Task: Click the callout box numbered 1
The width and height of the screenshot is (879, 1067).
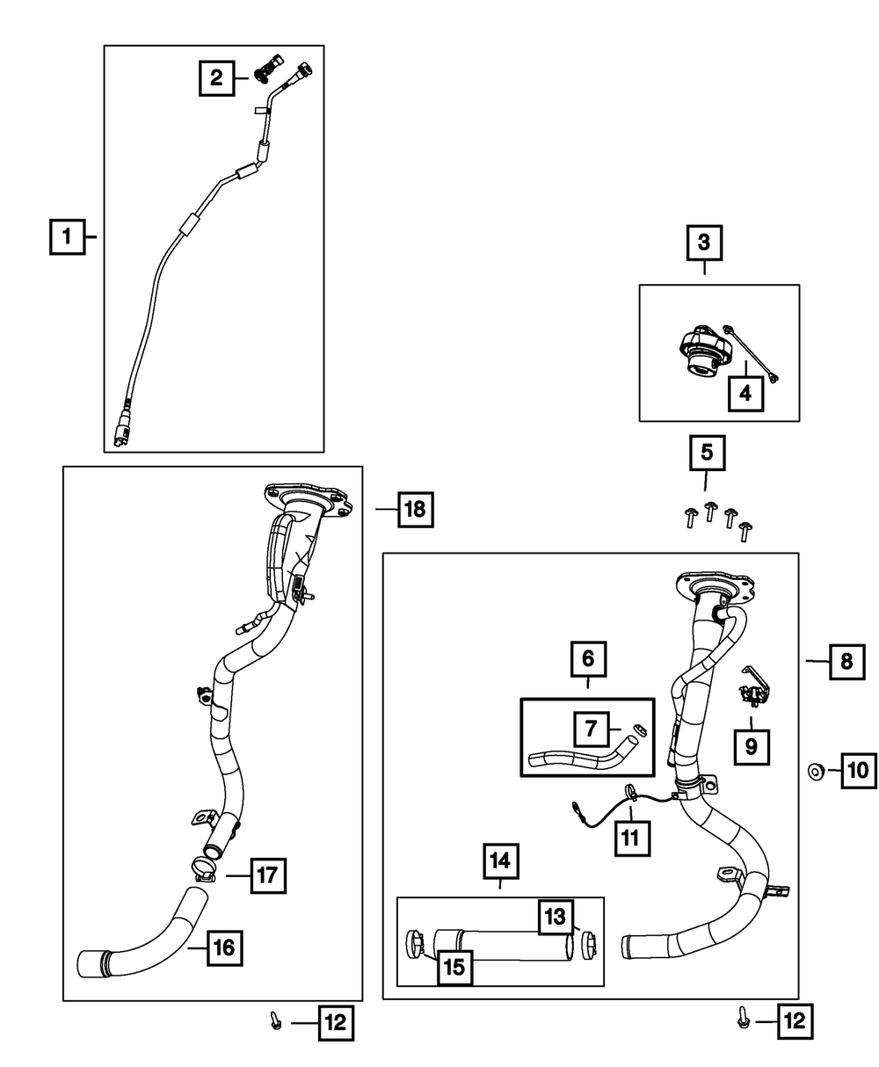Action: click(67, 237)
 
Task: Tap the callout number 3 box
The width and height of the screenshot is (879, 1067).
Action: click(704, 243)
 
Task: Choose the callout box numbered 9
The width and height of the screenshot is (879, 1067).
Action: click(751, 746)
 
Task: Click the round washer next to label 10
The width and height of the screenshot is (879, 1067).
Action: click(816, 772)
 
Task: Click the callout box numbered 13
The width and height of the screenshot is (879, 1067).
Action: click(556, 917)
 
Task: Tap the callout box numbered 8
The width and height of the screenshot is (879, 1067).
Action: click(846, 660)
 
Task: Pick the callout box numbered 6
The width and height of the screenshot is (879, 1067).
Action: click(588, 657)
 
